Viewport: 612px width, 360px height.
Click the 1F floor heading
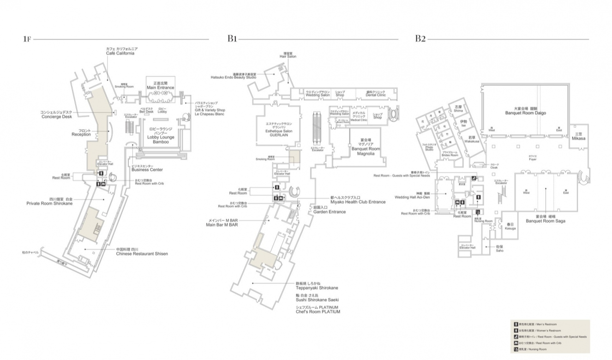click(x=27, y=39)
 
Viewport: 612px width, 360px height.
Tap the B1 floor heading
click(x=232, y=39)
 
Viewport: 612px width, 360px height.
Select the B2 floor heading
click(x=420, y=39)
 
